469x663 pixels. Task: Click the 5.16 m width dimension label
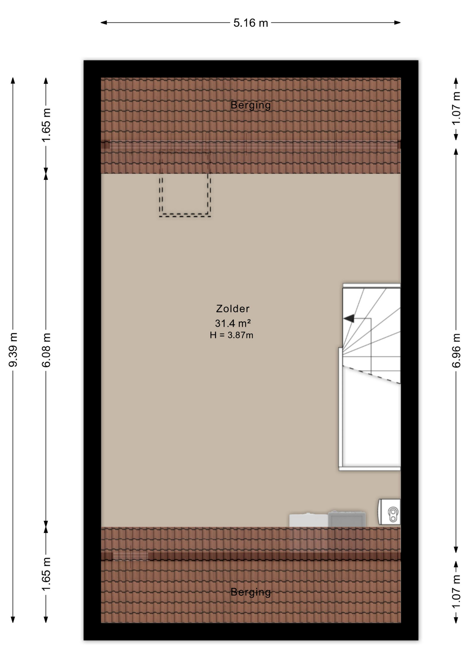pos(250,23)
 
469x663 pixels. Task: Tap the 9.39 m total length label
pos(13,349)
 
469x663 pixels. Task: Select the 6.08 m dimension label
pos(46,350)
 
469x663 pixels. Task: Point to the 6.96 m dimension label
pos(456,350)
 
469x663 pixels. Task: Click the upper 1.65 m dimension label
pos(46,125)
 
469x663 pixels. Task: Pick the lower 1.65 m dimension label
pos(46,574)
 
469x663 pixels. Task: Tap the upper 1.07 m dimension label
pos(456,108)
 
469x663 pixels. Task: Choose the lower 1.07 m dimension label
pos(456,592)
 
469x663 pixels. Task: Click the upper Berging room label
pos(250,105)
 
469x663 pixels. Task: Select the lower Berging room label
pos(250,592)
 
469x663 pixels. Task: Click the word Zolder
pos(233,308)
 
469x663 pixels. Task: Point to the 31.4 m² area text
pos(233,323)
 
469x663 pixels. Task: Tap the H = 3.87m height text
pos(231,335)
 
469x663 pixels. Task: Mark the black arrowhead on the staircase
pos(349,318)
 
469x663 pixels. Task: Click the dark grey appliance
pos(347,519)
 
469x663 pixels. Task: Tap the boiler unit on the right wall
pos(389,511)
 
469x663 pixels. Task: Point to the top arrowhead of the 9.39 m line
pos(13,81)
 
